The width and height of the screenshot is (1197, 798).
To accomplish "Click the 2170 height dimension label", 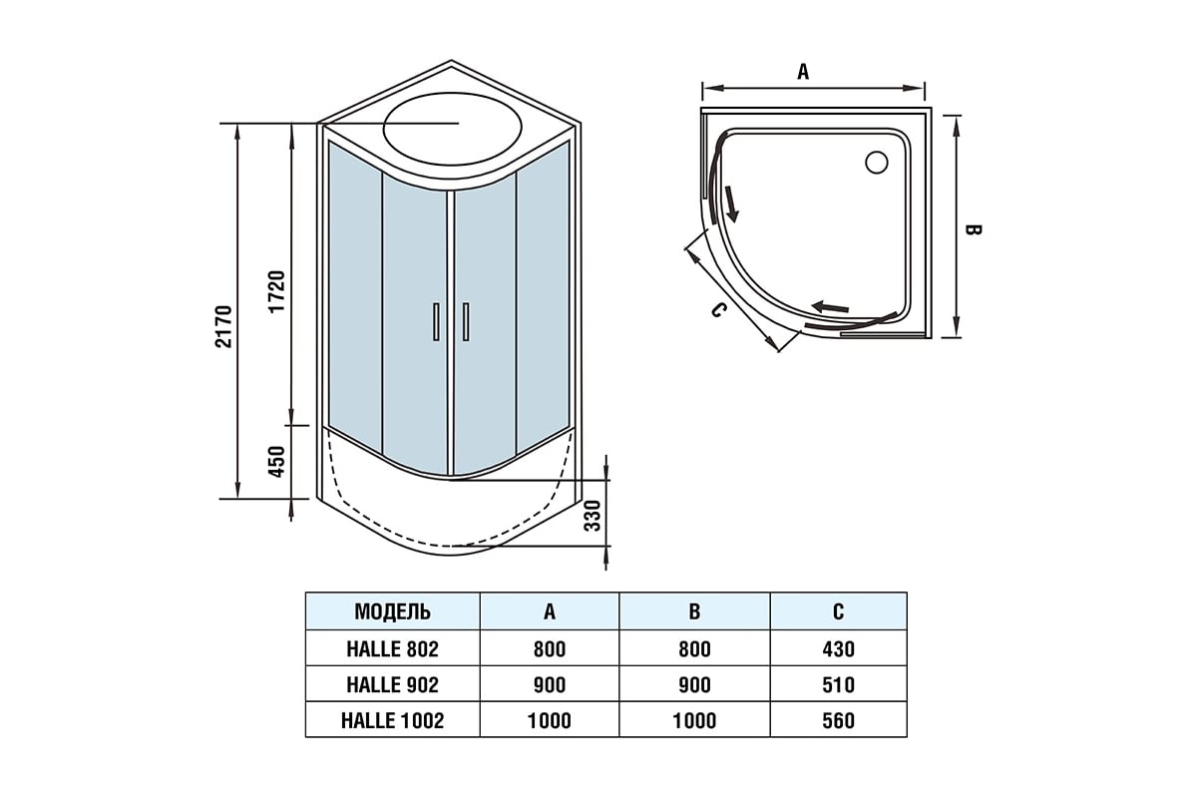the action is pyautogui.click(x=223, y=327).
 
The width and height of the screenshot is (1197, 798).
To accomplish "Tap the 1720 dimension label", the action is pyautogui.click(x=277, y=292).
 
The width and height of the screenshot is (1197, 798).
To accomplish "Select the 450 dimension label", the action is pyautogui.click(x=277, y=462).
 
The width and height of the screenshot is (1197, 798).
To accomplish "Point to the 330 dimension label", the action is pyautogui.click(x=593, y=516).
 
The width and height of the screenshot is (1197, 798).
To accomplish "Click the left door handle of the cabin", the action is pyautogui.click(x=436, y=322).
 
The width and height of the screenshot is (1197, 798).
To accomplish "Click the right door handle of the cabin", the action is pyautogui.click(x=466, y=322).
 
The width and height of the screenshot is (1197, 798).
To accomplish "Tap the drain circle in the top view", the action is pyautogui.click(x=877, y=162).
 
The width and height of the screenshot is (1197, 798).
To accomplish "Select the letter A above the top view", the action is pyautogui.click(x=803, y=72).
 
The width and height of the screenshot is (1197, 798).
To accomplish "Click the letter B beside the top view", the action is pyautogui.click(x=974, y=229).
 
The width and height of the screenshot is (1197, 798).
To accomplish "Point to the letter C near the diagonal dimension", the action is pyautogui.click(x=720, y=310).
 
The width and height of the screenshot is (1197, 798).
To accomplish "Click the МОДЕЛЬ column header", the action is pyautogui.click(x=392, y=611).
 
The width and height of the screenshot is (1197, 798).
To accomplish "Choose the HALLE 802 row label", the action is pyautogui.click(x=392, y=649).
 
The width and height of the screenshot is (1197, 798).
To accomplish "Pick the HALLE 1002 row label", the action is pyautogui.click(x=392, y=720).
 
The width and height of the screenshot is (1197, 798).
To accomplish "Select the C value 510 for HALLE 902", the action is pyautogui.click(x=839, y=684).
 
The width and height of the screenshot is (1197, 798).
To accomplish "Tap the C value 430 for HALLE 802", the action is pyautogui.click(x=839, y=649).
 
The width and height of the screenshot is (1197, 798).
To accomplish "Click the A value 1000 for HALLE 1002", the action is pyautogui.click(x=550, y=720).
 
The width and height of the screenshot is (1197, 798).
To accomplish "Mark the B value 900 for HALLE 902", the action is pyautogui.click(x=694, y=684).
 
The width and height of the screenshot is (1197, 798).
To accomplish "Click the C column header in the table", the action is pyautogui.click(x=839, y=611).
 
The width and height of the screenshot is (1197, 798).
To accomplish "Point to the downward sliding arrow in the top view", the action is pyautogui.click(x=731, y=204).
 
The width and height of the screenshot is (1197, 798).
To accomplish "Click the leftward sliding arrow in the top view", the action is pyautogui.click(x=830, y=307).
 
